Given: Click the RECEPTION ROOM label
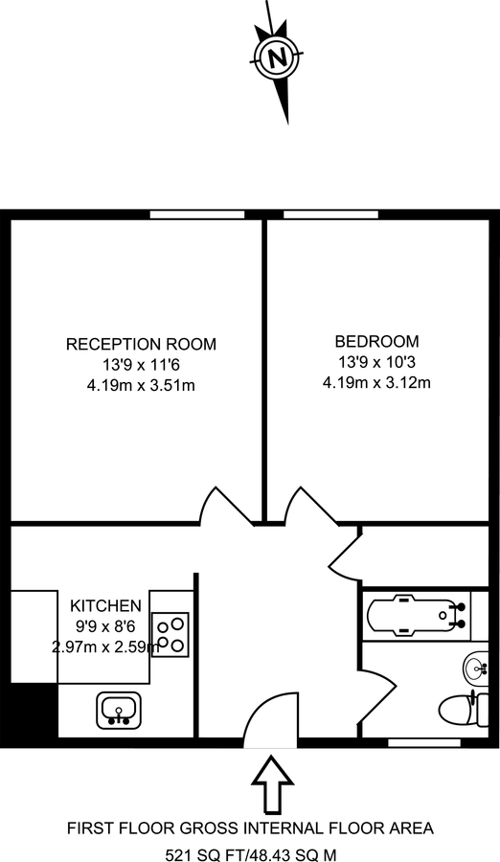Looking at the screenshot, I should [x=141, y=344].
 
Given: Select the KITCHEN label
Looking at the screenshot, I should [x=105, y=605].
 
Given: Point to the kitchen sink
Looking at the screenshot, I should [x=119, y=710].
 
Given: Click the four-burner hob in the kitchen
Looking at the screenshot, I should [x=171, y=634].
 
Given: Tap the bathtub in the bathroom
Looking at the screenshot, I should [x=414, y=612].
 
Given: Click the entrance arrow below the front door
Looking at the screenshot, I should [x=271, y=783].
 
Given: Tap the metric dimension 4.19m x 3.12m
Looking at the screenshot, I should [x=376, y=383].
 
